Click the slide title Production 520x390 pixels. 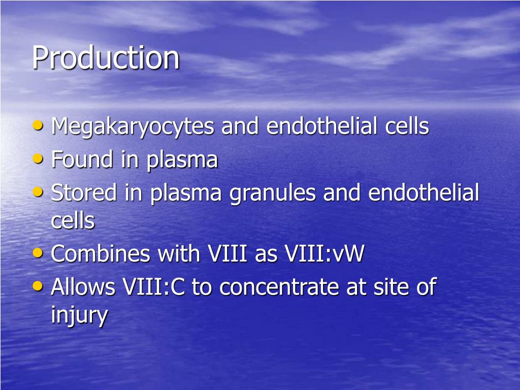coord(106,57)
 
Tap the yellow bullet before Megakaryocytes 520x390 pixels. coord(38,125)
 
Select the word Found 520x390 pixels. coord(82,160)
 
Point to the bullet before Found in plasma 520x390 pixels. coord(38,158)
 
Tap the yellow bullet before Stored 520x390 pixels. coord(38,191)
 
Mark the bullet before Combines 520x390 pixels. coord(38,252)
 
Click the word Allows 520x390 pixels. coord(84,287)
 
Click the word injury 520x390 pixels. coord(79,315)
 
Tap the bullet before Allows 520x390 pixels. coord(38,285)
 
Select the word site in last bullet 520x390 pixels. coord(388,287)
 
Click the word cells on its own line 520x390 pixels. coord(73,221)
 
